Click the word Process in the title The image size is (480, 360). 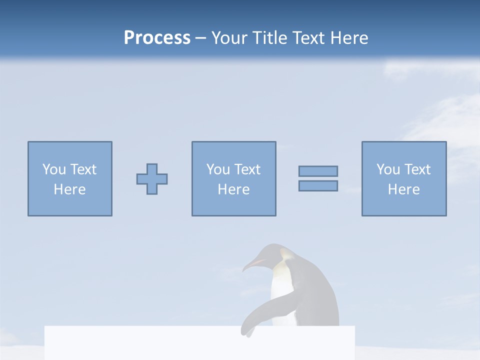click(x=157, y=38)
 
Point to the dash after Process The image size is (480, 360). click(x=201, y=38)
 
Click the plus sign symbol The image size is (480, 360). click(x=152, y=179)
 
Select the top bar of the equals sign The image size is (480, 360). click(x=318, y=171)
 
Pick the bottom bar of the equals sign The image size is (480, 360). click(x=318, y=185)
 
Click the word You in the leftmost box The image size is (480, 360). click(x=54, y=169)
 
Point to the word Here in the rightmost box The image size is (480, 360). click(x=403, y=189)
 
